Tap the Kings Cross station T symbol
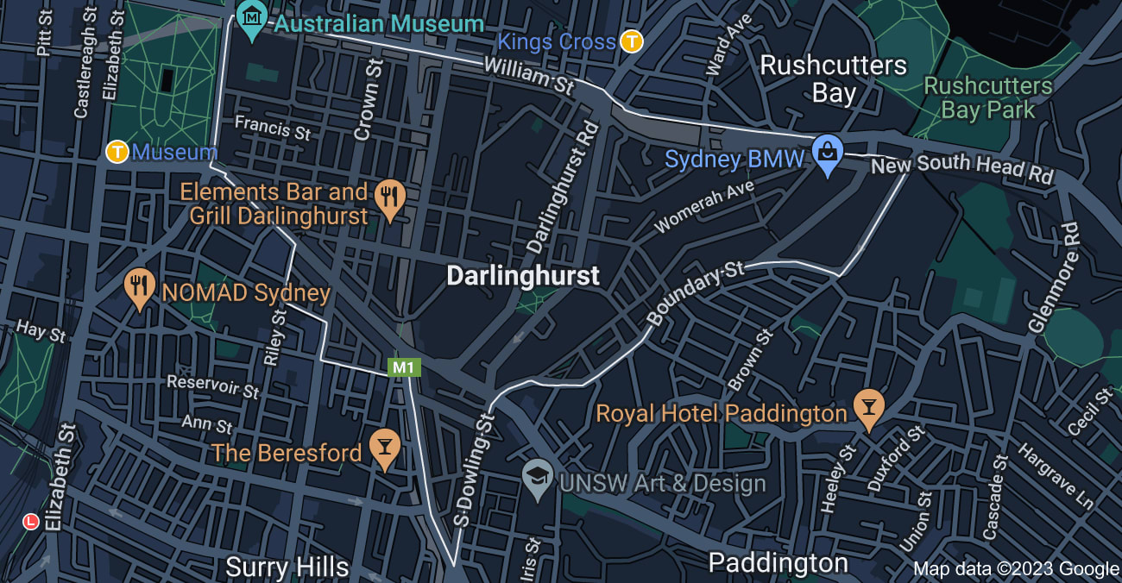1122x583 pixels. (633, 41)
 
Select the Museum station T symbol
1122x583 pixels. (117, 153)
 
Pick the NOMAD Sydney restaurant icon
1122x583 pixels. (140, 288)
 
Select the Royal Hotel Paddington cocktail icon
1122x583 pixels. (869, 409)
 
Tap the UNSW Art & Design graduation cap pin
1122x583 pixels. (538, 479)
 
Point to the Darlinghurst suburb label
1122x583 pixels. (522, 276)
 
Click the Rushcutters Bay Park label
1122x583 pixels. (988, 98)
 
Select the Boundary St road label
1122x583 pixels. (695, 294)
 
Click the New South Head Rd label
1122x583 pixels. (962, 168)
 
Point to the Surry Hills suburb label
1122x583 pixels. (287, 567)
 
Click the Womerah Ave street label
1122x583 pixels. (704, 206)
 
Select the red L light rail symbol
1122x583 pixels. (32, 522)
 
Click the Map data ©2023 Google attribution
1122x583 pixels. (1016, 568)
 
